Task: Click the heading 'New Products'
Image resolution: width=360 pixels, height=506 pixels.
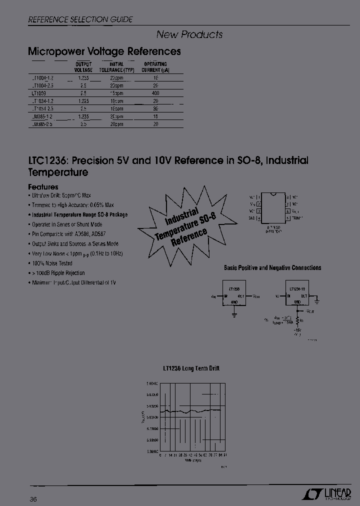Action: click(189, 34)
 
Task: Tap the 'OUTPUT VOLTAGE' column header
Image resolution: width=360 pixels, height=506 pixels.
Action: click(83, 67)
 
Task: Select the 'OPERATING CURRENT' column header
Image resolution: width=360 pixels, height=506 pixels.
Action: click(155, 67)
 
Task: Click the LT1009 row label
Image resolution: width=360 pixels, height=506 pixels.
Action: click(38, 93)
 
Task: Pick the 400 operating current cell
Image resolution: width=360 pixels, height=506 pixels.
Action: click(155, 93)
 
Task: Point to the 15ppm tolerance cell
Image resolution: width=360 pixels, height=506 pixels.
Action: click(116, 93)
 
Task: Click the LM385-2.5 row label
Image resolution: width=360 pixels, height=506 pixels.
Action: click(41, 124)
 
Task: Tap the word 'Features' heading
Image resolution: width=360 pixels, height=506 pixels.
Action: click(43, 187)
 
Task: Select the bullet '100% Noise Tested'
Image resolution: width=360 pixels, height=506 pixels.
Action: click(52, 263)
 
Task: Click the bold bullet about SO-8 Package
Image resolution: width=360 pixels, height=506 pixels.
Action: click(79, 214)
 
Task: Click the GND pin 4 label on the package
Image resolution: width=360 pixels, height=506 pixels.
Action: click(252, 218)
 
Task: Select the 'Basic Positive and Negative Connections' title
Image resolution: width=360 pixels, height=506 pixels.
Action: click(272, 268)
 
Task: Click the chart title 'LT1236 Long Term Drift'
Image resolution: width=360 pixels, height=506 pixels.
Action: click(190, 368)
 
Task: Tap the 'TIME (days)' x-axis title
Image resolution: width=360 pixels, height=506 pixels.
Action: click(192, 460)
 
